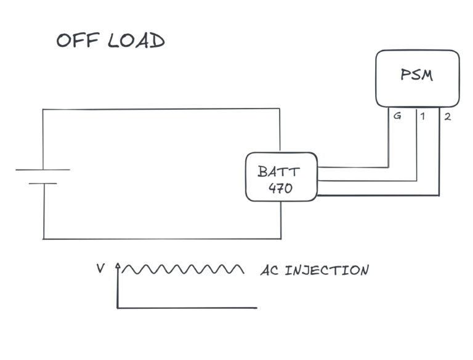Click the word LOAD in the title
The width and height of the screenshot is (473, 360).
pos(136,41)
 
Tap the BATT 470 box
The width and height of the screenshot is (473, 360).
pos(281,178)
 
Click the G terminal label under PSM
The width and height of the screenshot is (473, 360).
pos(398,115)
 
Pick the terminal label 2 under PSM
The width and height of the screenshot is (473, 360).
pos(447,115)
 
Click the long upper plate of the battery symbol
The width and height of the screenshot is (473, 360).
pos(42,170)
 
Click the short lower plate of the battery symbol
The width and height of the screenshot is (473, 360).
pos(42,183)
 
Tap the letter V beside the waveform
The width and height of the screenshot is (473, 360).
pos(100,269)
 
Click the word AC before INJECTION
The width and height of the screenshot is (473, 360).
pos(270,271)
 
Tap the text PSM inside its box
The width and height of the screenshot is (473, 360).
pos(417,75)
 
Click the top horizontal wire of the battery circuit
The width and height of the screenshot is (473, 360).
pos(160,108)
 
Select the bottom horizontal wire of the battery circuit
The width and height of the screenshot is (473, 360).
pos(160,239)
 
